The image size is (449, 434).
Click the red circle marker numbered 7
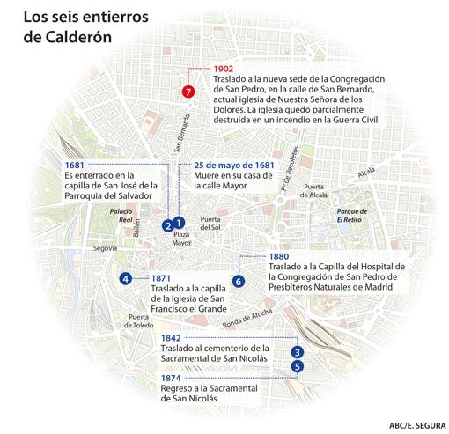[187, 92]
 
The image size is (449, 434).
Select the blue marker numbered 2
[166, 226]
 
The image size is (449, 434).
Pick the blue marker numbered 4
[126, 279]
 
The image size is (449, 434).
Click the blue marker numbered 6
[238, 281]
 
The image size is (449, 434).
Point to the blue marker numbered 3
[298, 352]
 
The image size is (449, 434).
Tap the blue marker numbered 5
[298, 366]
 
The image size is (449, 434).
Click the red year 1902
[224, 69]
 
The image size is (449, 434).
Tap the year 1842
[172, 338]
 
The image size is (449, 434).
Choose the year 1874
[172, 378]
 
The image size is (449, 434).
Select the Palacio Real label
[120, 216]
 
